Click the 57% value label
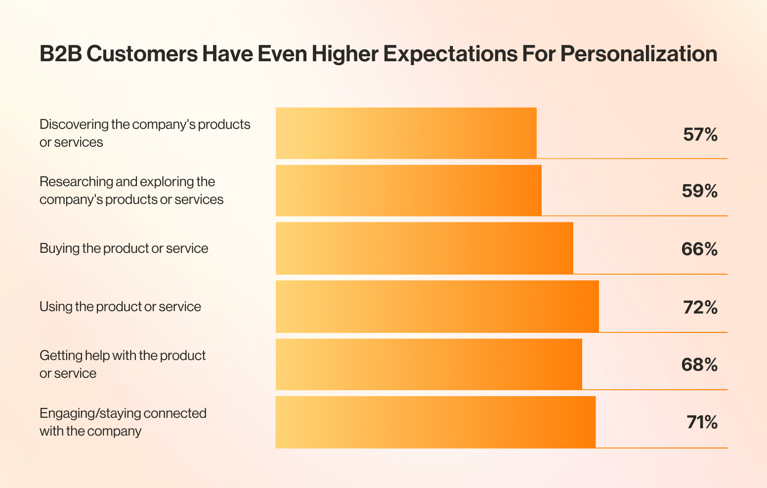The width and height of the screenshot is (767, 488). pyautogui.click(x=700, y=134)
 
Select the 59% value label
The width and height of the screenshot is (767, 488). pyautogui.click(x=699, y=191)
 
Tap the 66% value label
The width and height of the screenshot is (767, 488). pyautogui.click(x=699, y=249)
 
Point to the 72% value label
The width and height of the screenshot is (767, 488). pyautogui.click(x=700, y=307)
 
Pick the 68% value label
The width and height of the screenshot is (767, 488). pyautogui.click(x=699, y=365)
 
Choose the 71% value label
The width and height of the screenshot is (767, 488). pyautogui.click(x=702, y=422)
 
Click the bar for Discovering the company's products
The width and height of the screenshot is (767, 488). pyautogui.click(x=406, y=133)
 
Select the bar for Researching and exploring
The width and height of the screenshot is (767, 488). pyautogui.click(x=408, y=191)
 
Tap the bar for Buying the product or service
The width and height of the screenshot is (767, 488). pyautogui.click(x=424, y=248)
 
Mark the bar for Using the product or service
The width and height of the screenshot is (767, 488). pyautogui.click(x=437, y=307)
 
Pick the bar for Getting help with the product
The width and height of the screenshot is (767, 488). pyautogui.click(x=428, y=365)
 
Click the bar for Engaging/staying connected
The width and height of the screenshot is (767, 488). pyautogui.click(x=435, y=422)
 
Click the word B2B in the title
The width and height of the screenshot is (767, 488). pyautogui.click(x=60, y=54)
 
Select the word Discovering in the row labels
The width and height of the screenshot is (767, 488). pyautogui.click(x=74, y=124)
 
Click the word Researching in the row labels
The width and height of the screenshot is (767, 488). pyautogui.click(x=76, y=182)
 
